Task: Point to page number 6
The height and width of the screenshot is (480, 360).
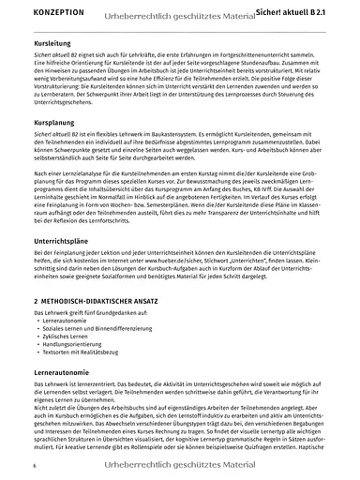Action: [35, 465]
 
